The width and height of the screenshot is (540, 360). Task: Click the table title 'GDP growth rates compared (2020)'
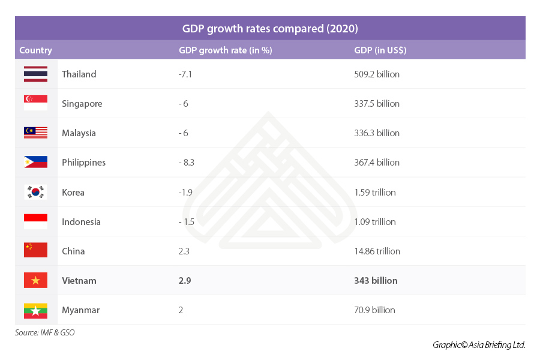pyautogui.click(x=270, y=28)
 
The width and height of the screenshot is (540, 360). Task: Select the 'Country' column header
pyautogui.click(x=35, y=50)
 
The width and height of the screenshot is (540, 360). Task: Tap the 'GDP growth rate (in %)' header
pyautogui.click(x=225, y=50)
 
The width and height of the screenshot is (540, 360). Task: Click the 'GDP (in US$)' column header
pyautogui.click(x=380, y=50)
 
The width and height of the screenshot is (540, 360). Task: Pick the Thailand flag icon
pyautogui.click(x=35, y=74)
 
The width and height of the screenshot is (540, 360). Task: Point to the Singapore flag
pyautogui.click(x=35, y=103)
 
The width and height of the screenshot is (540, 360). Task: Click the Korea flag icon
pyautogui.click(x=35, y=192)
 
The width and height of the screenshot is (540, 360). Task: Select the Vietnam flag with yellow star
pyautogui.click(x=35, y=280)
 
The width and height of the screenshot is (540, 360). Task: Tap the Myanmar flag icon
pyautogui.click(x=35, y=310)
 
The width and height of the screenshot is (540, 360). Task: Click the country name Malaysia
pyautogui.click(x=79, y=133)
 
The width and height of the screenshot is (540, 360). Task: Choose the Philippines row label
pyautogui.click(x=83, y=163)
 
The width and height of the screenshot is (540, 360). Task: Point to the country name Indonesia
pyautogui.click(x=81, y=222)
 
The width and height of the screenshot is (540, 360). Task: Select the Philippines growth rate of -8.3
pyautogui.click(x=187, y=163)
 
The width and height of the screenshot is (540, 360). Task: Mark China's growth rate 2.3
pyautogui.click(x=184, y=251)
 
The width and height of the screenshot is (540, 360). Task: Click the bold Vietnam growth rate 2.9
pyautogui.click(x=185, y=281)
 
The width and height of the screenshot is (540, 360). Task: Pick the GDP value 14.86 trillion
pyautogui.click(x=377, y=251)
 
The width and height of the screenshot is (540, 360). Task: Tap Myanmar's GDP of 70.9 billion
pyautogui.click(x=374, y=310)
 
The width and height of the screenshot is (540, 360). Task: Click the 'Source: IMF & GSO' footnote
pyautogui.click(x=45, y=332)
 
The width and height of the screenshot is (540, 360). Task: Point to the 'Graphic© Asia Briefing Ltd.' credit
pyautogui.click(x=479, y=345)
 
